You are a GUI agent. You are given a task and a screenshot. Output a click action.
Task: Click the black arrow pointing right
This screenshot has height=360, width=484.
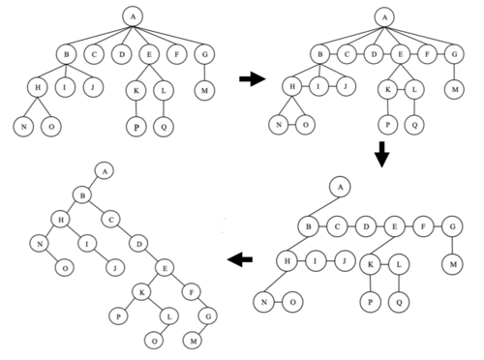pos(253,78)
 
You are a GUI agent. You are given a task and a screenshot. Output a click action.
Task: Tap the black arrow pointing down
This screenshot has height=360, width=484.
pos(382,154)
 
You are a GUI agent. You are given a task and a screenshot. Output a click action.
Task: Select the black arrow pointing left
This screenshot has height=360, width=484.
pos(240,259)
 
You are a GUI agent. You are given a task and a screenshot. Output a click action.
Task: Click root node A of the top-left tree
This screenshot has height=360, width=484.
pos(133,16)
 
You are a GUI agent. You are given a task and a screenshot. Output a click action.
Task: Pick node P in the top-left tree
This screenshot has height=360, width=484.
pos(136,127)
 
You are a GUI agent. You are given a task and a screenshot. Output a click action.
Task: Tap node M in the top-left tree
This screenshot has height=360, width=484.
pos(204,90)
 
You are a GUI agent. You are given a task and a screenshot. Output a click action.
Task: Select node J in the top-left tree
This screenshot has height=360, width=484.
pos(93,87)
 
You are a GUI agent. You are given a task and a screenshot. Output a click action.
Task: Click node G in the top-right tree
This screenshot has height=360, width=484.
pos(454,54)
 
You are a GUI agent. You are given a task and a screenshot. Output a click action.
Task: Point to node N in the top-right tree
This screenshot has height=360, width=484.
pos(279,125)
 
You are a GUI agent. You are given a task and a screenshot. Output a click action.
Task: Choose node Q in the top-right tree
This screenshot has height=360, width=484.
pos(414,125)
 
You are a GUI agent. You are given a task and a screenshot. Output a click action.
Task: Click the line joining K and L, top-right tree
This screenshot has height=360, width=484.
pos(401,90)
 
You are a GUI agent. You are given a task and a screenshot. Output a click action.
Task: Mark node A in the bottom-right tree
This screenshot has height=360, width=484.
pos(340,187)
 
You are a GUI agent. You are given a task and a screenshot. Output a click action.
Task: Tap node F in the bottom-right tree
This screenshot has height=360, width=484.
pos(423,226)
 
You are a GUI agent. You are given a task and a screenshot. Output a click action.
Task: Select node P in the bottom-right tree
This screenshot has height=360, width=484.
pos(371,302)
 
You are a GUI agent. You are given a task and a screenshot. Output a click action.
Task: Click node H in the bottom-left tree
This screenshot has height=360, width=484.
pos(61,220)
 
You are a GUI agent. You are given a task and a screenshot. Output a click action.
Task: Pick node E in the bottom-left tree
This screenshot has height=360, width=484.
pos(165,268)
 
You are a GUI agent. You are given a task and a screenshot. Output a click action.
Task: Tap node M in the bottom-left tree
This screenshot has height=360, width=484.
pos(193,341)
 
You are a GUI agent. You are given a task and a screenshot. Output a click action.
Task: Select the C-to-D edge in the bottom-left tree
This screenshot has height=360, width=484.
pos(125,231)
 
